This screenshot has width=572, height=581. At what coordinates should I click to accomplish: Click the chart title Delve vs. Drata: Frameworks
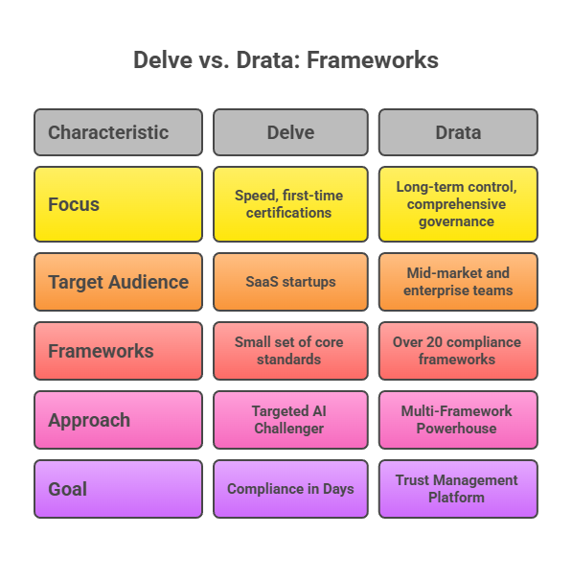tap(286, 60)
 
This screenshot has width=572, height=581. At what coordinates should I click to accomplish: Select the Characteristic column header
tap(118, 132)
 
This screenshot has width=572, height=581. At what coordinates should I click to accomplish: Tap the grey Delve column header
tap(290, 132)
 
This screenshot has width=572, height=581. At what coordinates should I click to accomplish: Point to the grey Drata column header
tap(457, 132)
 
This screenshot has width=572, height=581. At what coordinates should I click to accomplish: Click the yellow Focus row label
tap(118, 204)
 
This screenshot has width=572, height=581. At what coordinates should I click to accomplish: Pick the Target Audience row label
tap(118, 282)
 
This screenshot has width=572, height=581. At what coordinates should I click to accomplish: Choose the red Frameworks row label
tap(118, 351)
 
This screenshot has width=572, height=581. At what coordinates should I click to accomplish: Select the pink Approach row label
tap(118, 420)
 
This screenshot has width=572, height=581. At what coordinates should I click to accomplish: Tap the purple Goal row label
tap(118, 489)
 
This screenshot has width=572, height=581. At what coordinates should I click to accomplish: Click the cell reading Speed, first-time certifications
tap(290, 204)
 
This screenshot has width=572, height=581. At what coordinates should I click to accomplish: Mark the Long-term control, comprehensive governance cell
tap(457, 204)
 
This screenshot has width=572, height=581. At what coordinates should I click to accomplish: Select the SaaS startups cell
tap(290, 282)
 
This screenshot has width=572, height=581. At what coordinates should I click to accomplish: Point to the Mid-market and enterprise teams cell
tap(457, 282)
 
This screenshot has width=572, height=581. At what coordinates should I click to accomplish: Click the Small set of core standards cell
tap(290, 351)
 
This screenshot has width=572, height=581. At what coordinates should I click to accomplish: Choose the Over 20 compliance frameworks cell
tap(457, 351)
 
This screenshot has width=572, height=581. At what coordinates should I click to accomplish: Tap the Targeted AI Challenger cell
tap(290, 420)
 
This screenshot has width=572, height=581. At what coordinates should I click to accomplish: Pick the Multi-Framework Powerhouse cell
tap(457, 420)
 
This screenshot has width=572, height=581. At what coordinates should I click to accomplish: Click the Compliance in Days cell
tap(290, 489)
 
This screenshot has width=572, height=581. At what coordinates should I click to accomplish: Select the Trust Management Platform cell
tap(457, 489)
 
